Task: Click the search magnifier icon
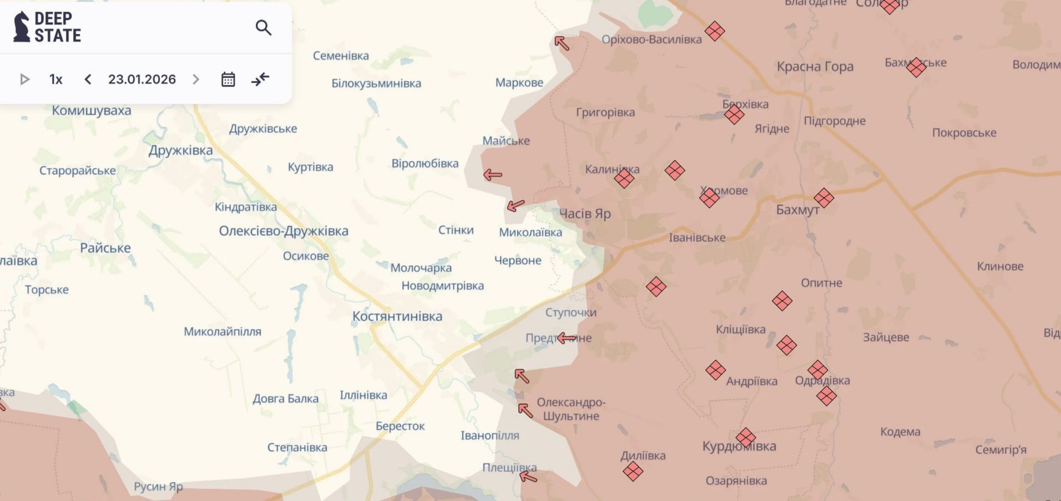263,28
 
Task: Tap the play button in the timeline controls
24,79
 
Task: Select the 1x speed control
55,79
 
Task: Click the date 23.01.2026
142,79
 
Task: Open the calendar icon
228,79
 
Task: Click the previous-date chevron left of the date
88,79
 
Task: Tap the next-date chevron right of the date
195,79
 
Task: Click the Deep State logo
47,27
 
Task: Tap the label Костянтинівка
397,316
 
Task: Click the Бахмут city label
797,210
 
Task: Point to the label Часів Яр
584,214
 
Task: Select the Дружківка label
180,150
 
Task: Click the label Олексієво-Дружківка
284,231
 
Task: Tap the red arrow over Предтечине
567,338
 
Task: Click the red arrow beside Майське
492,175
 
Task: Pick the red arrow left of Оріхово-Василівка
562,43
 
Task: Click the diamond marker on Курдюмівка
746,437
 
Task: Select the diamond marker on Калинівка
624,178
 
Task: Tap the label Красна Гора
815,67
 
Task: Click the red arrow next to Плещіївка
528,477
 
